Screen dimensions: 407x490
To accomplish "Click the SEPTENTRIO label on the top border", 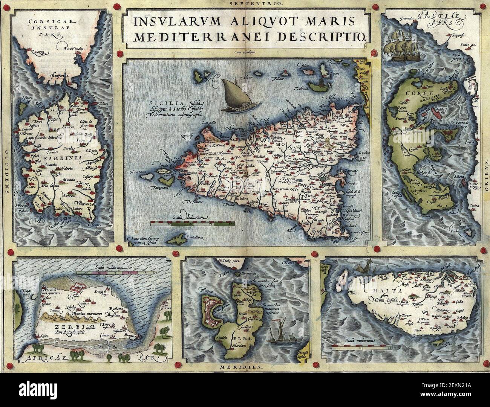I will pyautogui.click(x=245, y=3).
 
